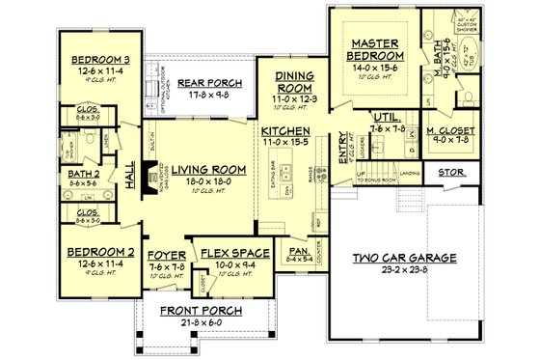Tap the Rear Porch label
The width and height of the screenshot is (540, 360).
[202, 81]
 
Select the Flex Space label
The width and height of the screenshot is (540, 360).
[227, 254]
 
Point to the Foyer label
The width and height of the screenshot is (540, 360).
[167, 254]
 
